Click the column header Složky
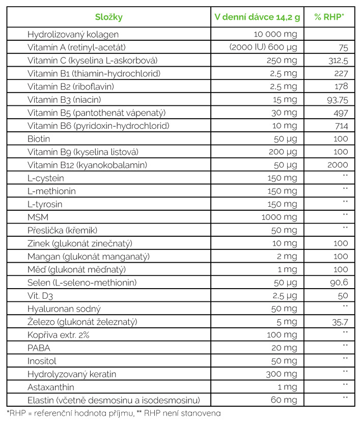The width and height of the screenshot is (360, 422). pos(108,17)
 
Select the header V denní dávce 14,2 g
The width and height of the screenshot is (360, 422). pos(257,17)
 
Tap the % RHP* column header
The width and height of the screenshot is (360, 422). pos(328,17)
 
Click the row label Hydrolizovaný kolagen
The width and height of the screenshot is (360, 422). pos(73,35)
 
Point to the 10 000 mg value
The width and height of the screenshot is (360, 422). pos(275,35)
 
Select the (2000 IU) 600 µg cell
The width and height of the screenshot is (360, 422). pos(263,48)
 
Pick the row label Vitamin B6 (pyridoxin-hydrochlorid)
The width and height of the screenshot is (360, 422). pos(98,126)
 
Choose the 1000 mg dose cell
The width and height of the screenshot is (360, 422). pos(279,217)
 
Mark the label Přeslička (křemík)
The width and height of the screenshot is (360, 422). pos(62,230)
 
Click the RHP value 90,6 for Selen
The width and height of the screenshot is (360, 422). pos(339,282)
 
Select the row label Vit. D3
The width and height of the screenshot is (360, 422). pos(41,295)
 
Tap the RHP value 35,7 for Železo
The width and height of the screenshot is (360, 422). pos(339,321)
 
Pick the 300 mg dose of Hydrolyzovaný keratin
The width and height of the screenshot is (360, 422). pos(282,374)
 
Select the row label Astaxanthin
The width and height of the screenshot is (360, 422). pos(51,386)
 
